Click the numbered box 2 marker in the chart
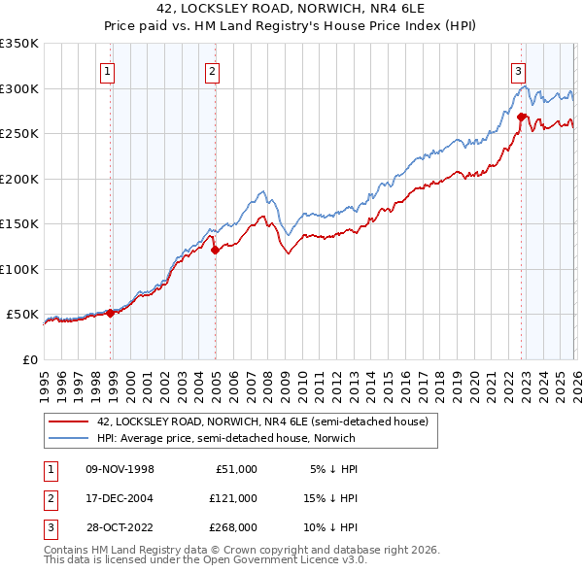211,70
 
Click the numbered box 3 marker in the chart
518,70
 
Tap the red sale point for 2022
522,118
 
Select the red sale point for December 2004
215,250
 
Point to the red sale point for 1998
110,313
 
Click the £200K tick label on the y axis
19,179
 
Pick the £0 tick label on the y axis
29,359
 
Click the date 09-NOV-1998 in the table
120,468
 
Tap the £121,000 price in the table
232,497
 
